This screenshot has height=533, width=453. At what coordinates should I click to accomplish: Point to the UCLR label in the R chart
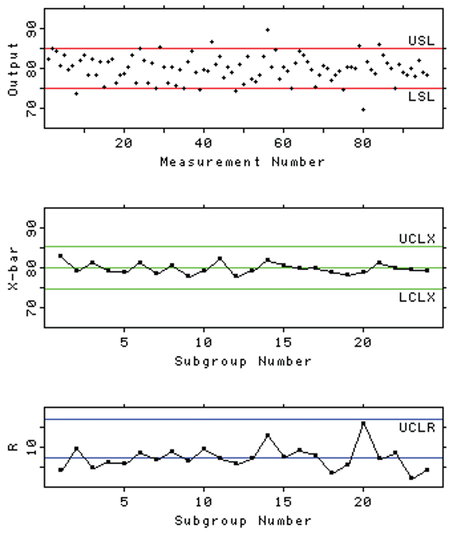pyautogui.click(x=417, y=427)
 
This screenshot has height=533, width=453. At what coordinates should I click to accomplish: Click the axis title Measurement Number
pyautogui.click(x=242, y=162)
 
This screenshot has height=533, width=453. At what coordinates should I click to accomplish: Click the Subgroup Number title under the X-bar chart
pyautogui.click(x=242, y=360)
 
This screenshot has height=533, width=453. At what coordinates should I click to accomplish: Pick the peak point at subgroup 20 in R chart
pyautogui.click(x=363, y=423)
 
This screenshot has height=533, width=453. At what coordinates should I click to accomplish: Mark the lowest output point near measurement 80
pyautogui.click(x=363, y=110)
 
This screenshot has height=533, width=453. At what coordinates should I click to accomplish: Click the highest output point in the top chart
pyautogui.click(x=267, y=29)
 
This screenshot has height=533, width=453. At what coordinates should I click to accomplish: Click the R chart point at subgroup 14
pyautogui.click(x=267, y=436)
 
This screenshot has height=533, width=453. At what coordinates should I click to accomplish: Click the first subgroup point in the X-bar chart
pyautogui.click(x=60, y=255)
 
